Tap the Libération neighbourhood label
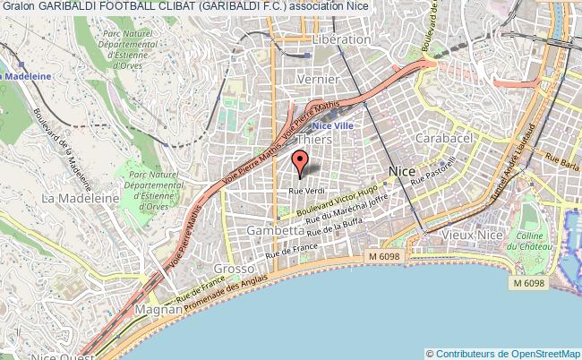(340, 39)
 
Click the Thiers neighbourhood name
(314, 141)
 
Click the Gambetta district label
(275, 230)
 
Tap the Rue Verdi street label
(306, 191)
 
